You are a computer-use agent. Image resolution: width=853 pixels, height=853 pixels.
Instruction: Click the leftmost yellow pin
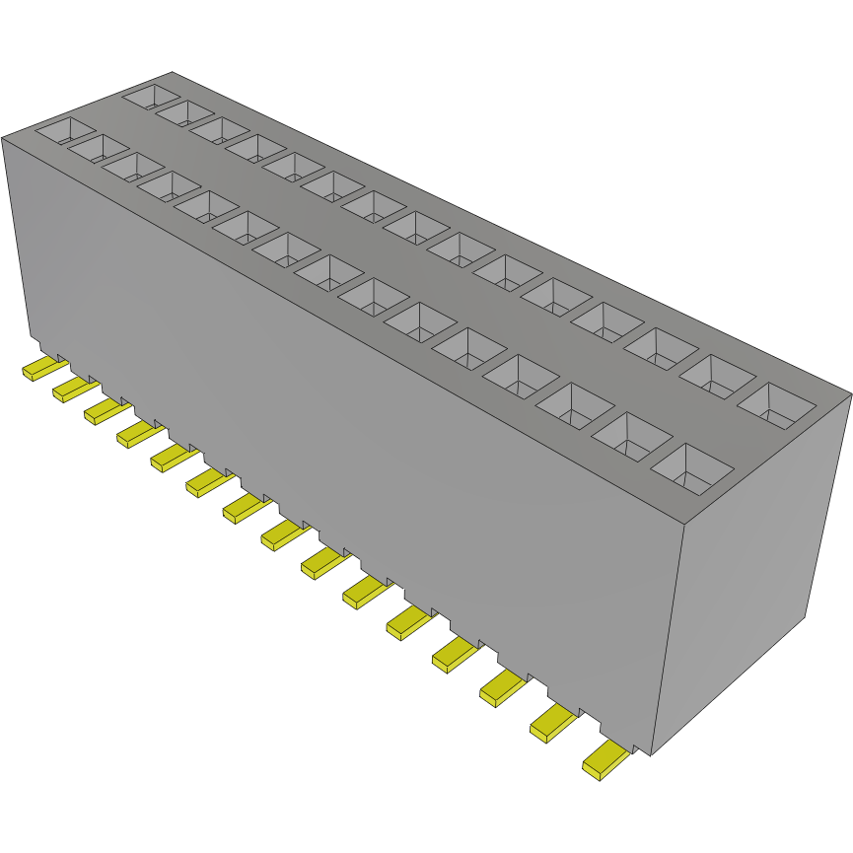39,370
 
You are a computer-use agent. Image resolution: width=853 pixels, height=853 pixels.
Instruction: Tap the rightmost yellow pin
604,760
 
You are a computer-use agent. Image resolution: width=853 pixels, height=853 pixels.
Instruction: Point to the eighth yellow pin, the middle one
280,533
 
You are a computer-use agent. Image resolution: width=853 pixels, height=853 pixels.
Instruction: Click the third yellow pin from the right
503,688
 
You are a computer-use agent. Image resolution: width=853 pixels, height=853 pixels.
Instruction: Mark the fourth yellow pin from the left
137,433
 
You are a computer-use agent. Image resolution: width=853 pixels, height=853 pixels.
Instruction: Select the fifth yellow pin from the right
408,621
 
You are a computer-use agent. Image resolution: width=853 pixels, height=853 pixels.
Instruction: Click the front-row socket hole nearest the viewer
692,468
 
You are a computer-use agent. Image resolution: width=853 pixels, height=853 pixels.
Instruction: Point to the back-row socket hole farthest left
151,97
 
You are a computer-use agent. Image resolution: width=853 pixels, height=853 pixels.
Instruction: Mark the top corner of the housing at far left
3,137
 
